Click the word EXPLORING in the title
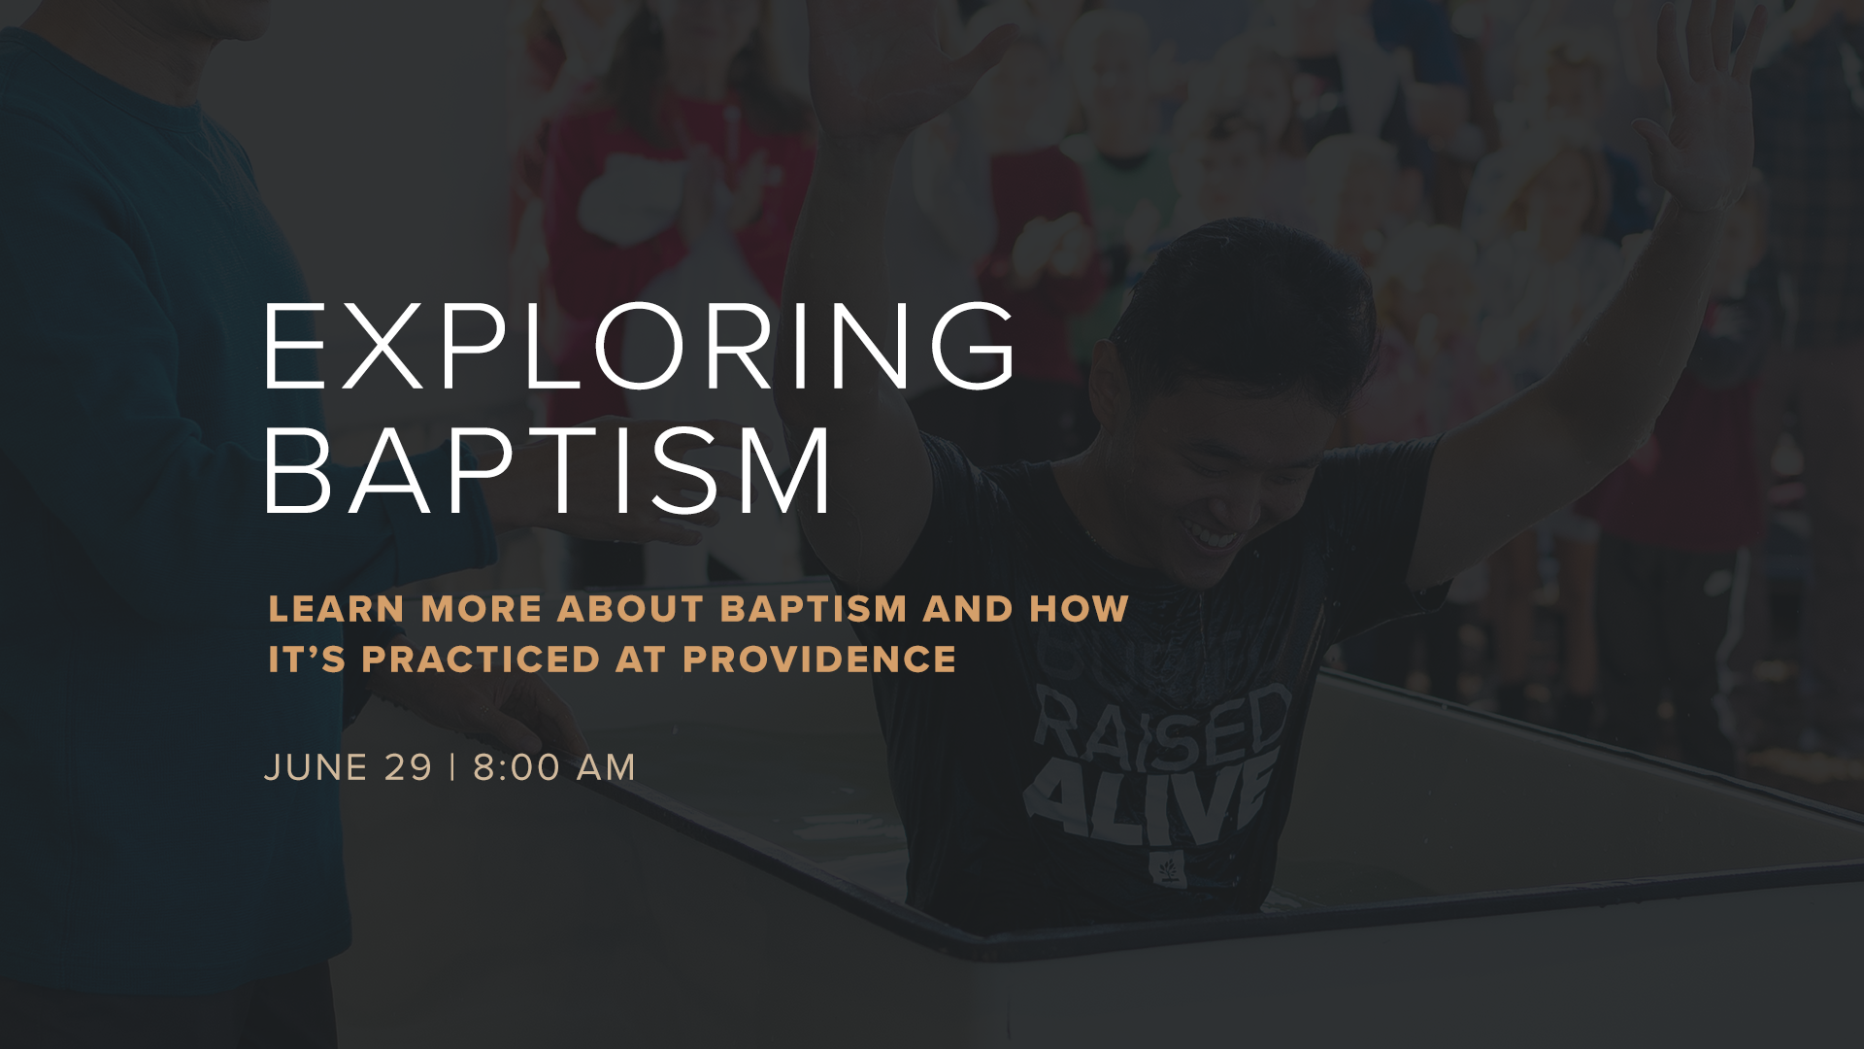[x=640, y=346]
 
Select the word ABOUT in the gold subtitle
[x=631, y=609]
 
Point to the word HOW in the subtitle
[x=1079, y=609]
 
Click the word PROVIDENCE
[x=819, y=660]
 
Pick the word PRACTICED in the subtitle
[x=482, y=660]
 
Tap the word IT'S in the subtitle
[x=307, y=660]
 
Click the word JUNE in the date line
[x=316, y=767]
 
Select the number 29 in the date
[x=408, y=767]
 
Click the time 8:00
[x=516, y=767]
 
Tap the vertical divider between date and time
[x=452, y=767]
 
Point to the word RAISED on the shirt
[x=1162, y=724]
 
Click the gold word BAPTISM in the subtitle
[x=814, y=609]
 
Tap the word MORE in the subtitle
[x=482, y=609]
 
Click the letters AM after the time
[x=606, y=767]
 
